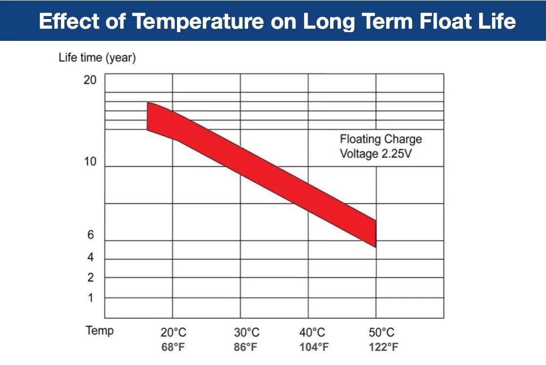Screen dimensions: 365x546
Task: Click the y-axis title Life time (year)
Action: coord(97,58)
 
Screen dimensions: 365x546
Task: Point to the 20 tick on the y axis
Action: coord(90,80)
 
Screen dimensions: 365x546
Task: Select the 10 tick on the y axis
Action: coord(90,162)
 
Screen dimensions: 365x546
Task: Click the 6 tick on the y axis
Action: coord(90,235)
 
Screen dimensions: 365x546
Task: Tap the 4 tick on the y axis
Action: coord(90,257)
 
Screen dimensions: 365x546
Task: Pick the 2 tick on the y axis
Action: coord(90,278)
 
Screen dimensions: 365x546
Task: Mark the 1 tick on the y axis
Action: coord(90,298)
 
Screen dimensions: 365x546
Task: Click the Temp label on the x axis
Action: coord(100,331)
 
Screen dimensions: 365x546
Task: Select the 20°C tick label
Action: coord(173,333)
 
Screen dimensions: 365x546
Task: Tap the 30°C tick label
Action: coord(247,333)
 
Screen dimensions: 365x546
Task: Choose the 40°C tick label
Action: coord(312,333)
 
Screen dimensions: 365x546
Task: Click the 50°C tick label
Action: coord(381,333)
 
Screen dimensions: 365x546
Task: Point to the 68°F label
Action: coord(173,347)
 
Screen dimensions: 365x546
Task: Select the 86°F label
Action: coord(246,347)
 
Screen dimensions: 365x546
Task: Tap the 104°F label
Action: coord(313,347)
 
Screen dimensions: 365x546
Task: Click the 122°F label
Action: coord(382,347)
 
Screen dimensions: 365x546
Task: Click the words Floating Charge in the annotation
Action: coord(381,139)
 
